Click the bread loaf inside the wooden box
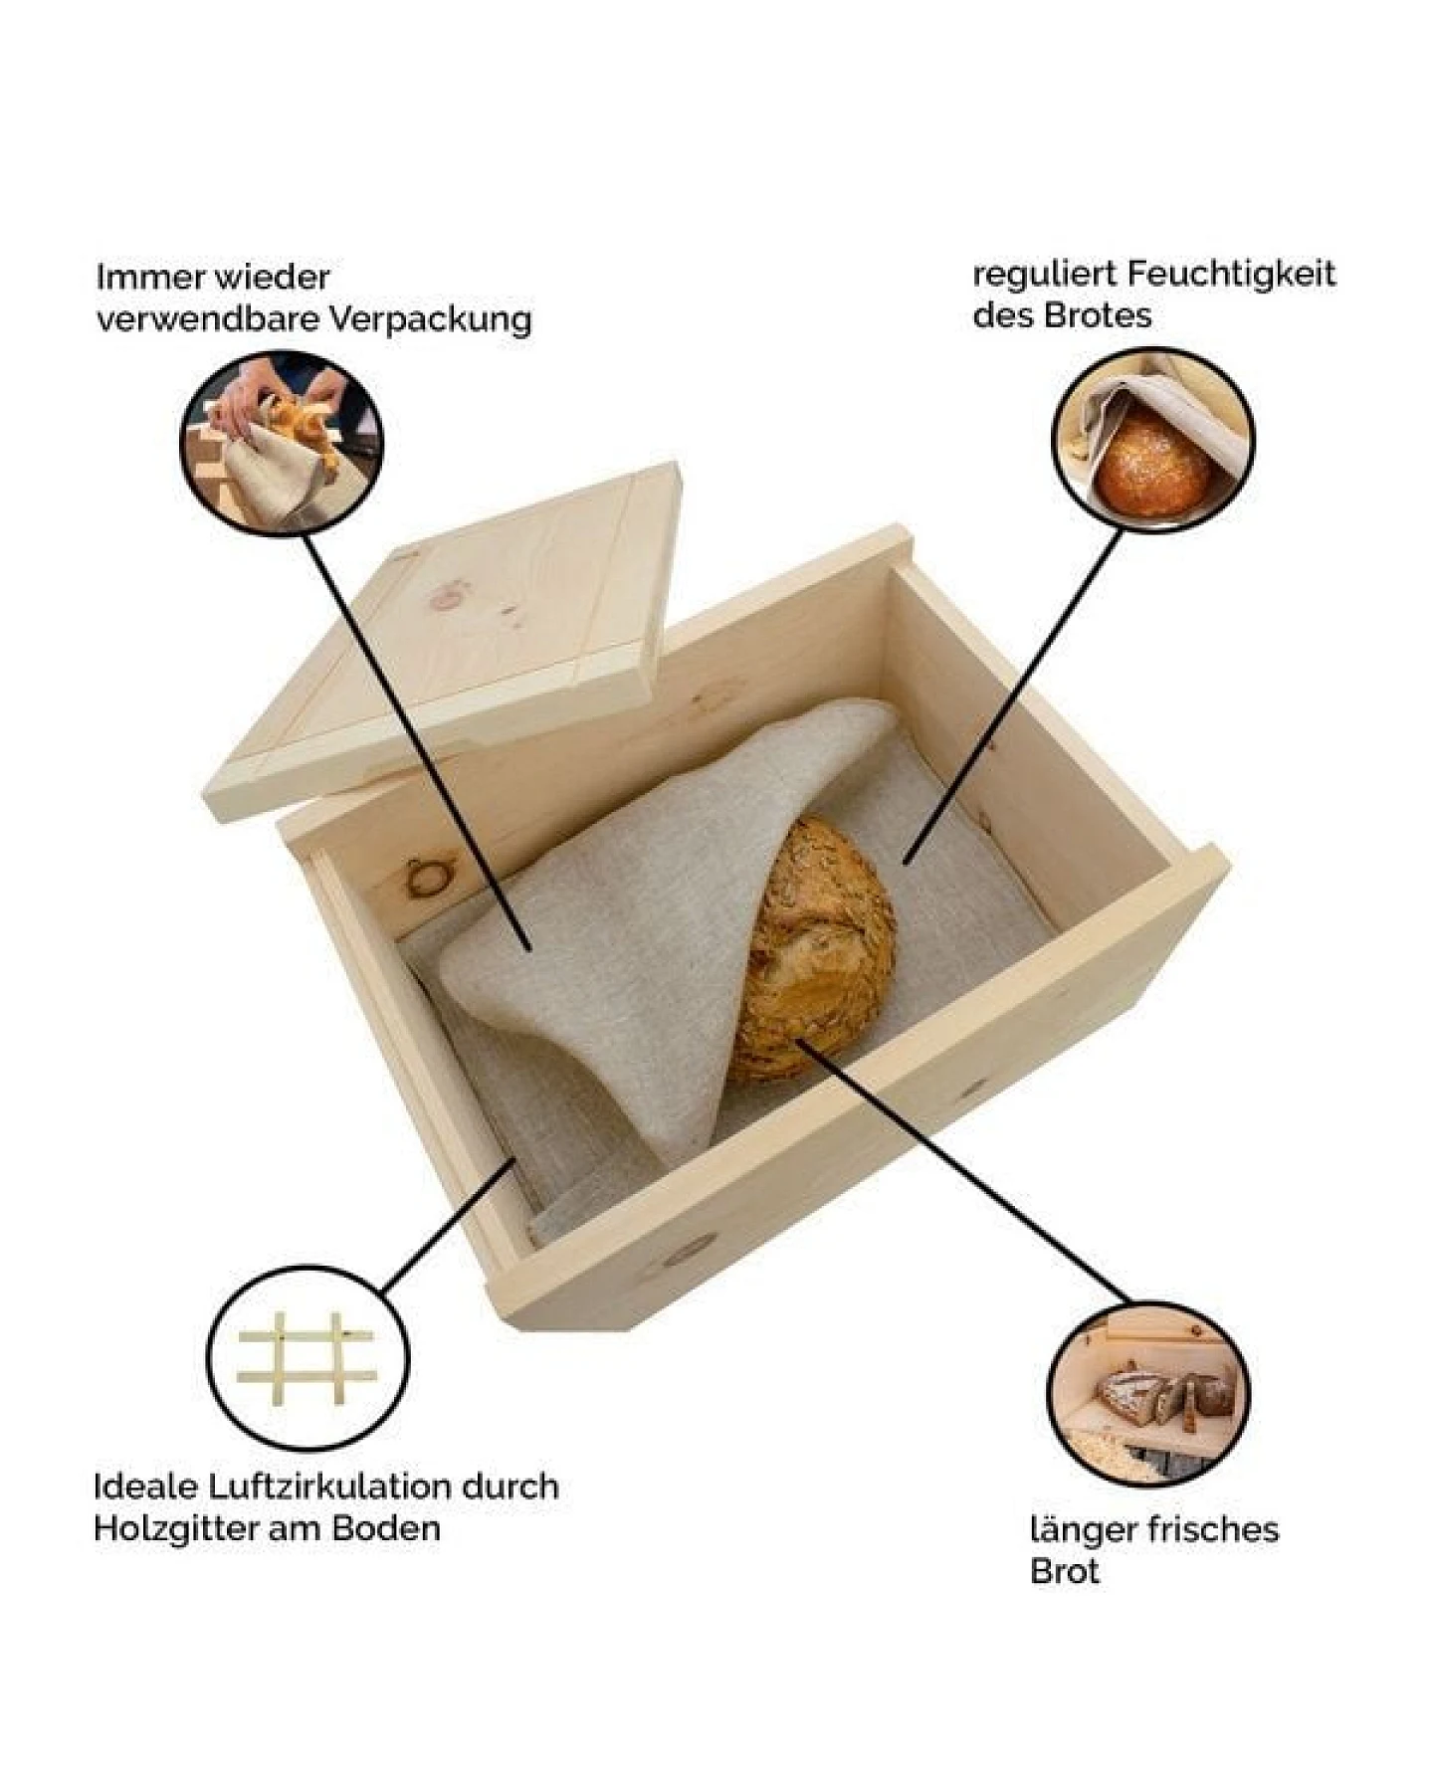click(818, 950)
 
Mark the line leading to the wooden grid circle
click(448, 1225)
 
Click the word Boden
click(386, 1529)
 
